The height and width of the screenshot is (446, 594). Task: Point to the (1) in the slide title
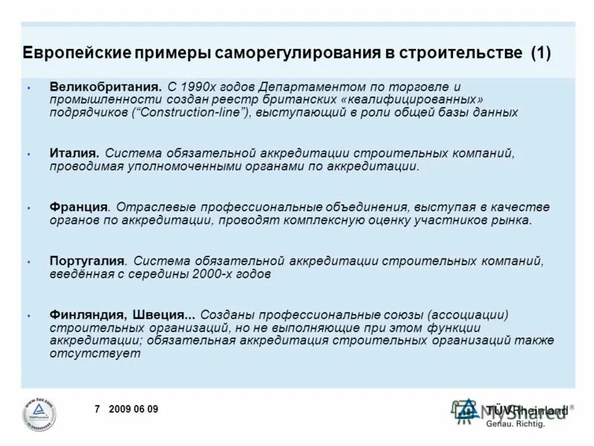pos(541,54)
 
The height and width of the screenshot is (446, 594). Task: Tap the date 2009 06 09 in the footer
pos(133,410)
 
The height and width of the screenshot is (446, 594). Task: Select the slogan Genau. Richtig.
pos(515,424)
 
